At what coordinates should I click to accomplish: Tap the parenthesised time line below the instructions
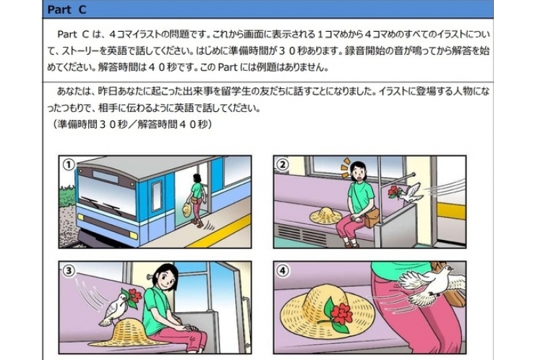click(131, 124)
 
